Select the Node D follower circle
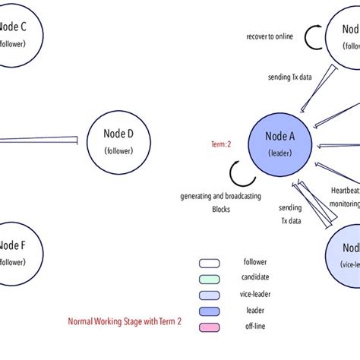(x=118, y=141)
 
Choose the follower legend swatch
(x=210, y=263)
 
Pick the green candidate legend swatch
(x=210, y=277)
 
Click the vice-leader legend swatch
(x=210, y=294)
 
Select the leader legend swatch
(x=210, y=311)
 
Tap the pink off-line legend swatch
(x=210, y=327)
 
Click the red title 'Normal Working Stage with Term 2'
(x=125, y=321)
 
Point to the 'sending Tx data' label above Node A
(x=289, y=77)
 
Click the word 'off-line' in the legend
(x=256, y=327)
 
